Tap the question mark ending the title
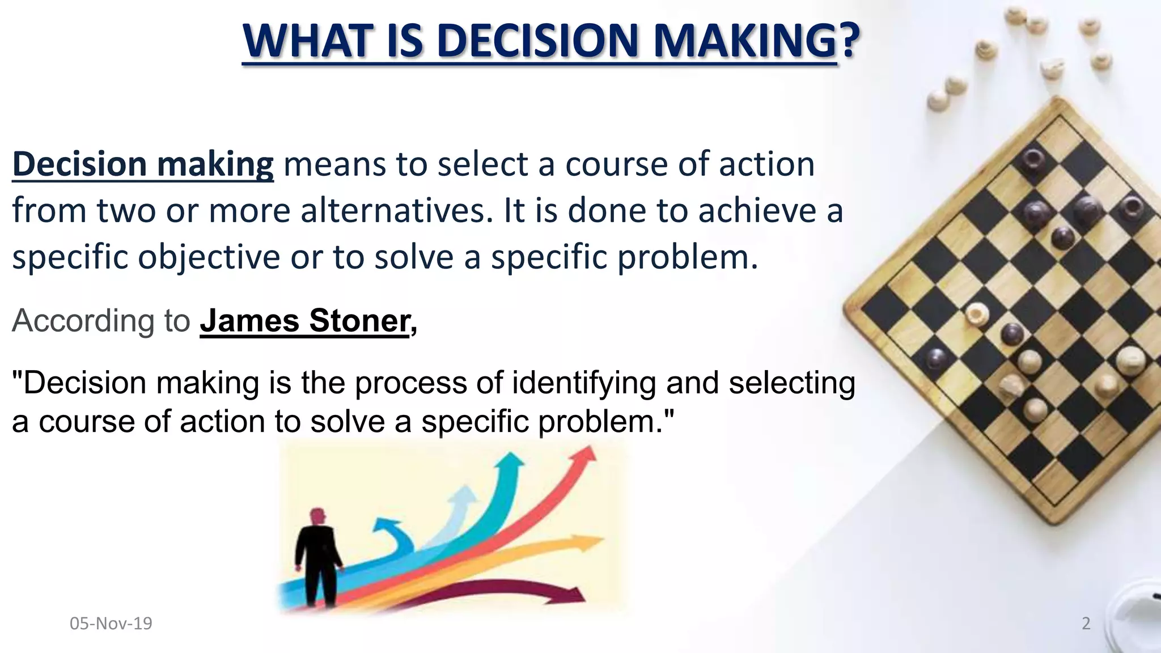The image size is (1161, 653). click(x=849, y=41)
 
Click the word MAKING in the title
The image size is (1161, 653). click(x=744, y=41)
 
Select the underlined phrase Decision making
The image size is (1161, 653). click(x=143, y=164)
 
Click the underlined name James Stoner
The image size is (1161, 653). click(x=304, y=321)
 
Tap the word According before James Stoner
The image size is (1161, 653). click(x=83, y=321)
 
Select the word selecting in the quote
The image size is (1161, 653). click(x=792, y=383)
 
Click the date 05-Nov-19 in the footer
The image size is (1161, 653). click(x=111, y=624)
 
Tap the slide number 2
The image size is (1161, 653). click(x=1086, y=624)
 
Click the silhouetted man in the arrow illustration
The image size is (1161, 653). click(x=317, y=558)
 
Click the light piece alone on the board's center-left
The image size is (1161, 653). click(x=976, y=313)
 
